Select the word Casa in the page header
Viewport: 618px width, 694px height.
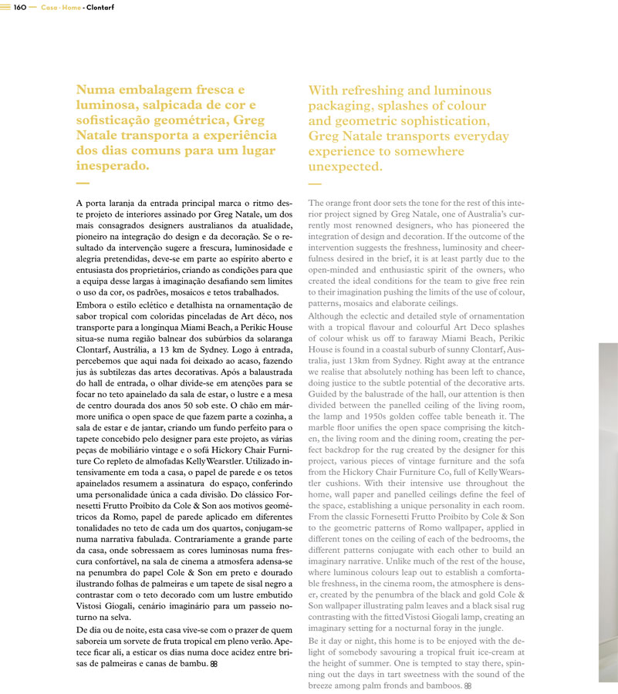49,7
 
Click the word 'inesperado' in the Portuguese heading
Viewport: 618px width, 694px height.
113,166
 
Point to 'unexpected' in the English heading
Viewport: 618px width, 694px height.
344,167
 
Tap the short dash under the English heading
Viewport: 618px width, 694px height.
314,184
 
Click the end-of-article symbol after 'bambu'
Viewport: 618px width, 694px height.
214,663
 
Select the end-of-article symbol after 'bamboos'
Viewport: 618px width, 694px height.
468,686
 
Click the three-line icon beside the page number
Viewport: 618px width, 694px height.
5,7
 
